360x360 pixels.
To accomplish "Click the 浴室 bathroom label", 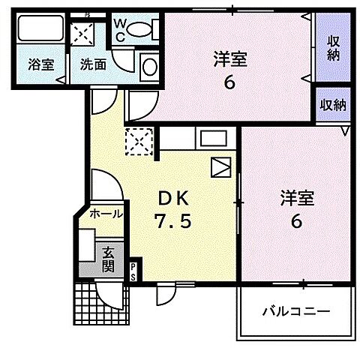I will pyautogui.click(x=41, y=64).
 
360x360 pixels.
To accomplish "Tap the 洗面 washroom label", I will pyautogui.click(x=93, y=64).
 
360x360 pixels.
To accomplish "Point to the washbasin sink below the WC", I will pyautogui.click(x=148, y=66).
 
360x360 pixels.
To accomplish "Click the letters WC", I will pyautogui.click(x=120, y=28).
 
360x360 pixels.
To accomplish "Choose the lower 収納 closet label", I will pyautogui.click(x=333, y=105).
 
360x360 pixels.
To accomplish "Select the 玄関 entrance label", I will pyautogui.click(x=108, y=258).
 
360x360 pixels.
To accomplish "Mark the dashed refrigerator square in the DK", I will pyautogui.click(x=138, y=141).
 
